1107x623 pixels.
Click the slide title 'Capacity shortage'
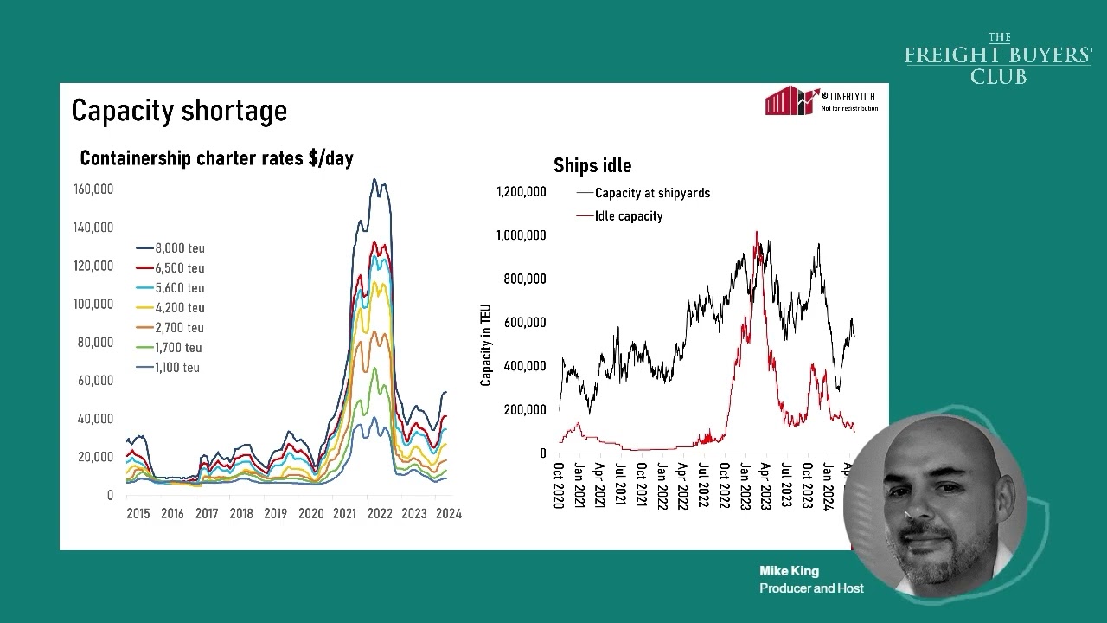[x=179, y=111]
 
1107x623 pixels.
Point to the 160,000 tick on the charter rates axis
[x=94, y=189]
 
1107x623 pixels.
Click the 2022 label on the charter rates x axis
[x=380, y=513]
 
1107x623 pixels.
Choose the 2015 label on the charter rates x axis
[x=138, y=513]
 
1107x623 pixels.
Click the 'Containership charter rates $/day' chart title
[x=216, y=158]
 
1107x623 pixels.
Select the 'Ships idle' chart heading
[x=592, y=165]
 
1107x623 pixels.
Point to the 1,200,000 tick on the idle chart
[x=522, y=191]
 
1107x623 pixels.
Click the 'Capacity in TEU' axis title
[x=486, y=344]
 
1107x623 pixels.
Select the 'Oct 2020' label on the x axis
[x=559, y=485]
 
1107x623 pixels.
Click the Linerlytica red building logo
[x=790, y=101]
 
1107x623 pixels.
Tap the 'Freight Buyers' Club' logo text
[x=998, y=60]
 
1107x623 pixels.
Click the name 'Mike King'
[x=789, y=571]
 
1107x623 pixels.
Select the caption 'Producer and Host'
[x=811, y=588]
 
